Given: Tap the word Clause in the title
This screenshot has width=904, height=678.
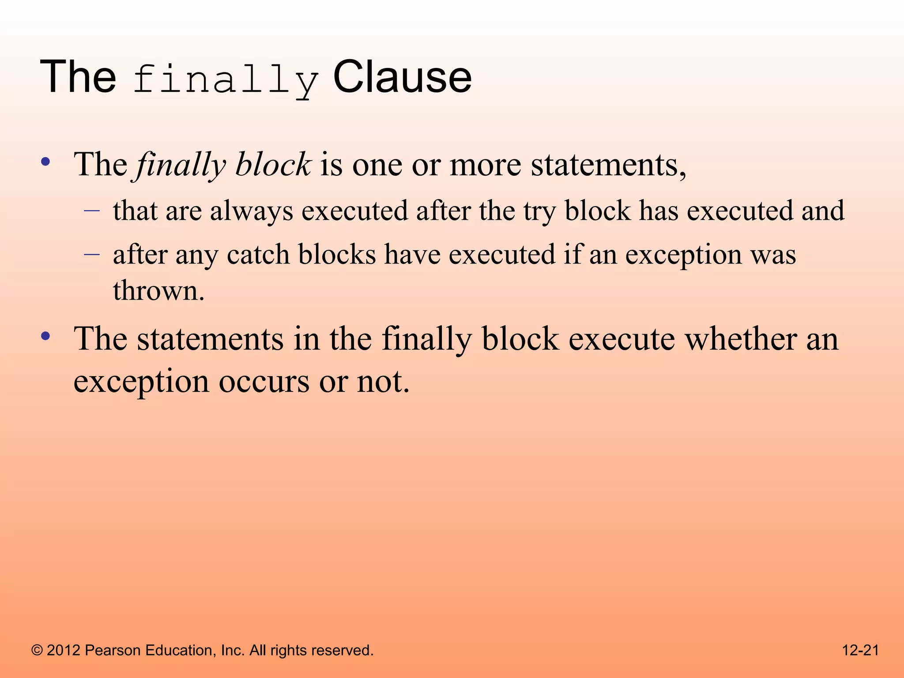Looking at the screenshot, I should (402, 78).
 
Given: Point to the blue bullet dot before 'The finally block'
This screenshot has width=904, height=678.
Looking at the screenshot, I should (45, 162).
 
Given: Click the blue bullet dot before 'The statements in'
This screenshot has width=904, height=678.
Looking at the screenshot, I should (45, 336).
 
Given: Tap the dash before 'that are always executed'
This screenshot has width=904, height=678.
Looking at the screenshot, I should (92, 211).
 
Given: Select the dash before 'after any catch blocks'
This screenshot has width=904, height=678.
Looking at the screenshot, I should (92, 255).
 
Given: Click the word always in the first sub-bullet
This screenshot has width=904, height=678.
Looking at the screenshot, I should (251, 211).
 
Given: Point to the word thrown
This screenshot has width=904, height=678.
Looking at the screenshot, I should (158, 291).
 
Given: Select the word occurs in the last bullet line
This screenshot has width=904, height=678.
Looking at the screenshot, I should (264, 382).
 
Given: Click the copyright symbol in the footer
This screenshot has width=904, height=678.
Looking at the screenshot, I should (37, 651).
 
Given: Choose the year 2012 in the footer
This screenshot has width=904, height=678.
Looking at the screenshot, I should (64, 651).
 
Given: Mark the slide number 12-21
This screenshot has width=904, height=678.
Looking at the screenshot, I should (860, 651).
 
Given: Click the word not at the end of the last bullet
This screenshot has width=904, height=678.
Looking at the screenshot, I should (382, 382).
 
